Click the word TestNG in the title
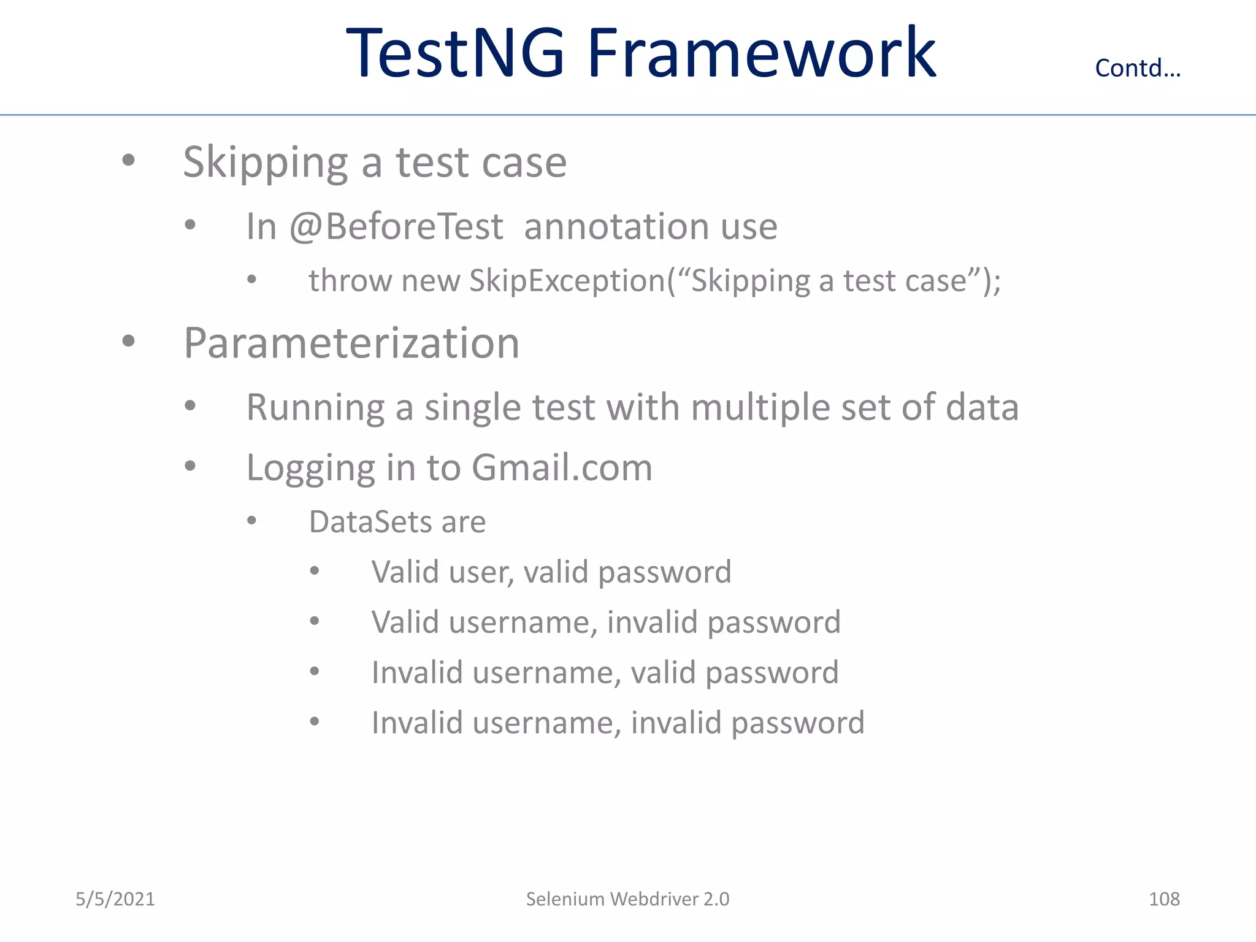[x=454, y=54]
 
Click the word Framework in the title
[x=761, y=54]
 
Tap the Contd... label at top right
[x=1138, y=68]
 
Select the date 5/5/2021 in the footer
[x=115, y=899]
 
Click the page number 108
[x=1164, y=899]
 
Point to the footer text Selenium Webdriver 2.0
[x=627, y=899]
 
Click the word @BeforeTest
[x=396, y=226]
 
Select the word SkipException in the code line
[x=567, y=281]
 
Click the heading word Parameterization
[x=351, y=343]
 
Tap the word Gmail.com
[x=562, y=467]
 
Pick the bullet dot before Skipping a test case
[x=128, y=161]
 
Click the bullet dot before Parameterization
[x=128, y=341]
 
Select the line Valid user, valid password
[x=551, y=572]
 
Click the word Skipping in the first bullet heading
[x=266, y=163]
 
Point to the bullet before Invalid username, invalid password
[x=315, y=722]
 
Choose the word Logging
[x=310, y=469]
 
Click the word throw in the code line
[x=350, y=281]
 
